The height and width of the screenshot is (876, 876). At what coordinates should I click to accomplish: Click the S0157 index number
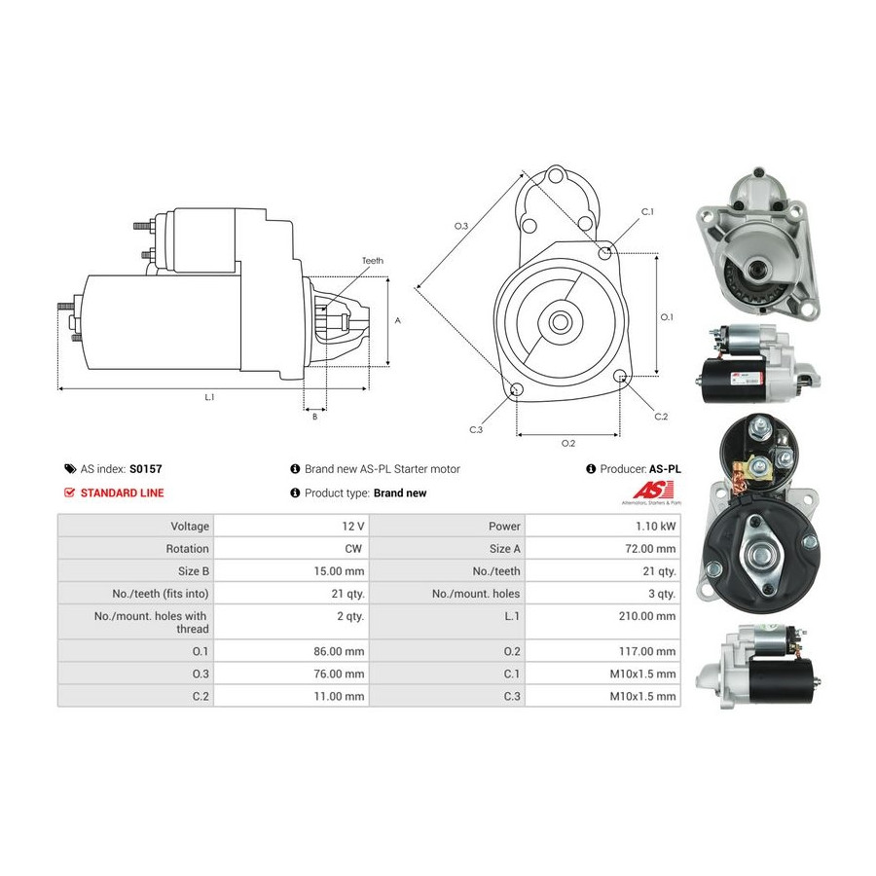[x=146, y=469]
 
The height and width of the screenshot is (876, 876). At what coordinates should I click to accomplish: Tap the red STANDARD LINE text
[x=123, y=493]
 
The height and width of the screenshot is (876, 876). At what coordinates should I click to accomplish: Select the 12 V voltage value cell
[x=353, y=527]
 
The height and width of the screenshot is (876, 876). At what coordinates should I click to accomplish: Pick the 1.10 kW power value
[x=655, y=527]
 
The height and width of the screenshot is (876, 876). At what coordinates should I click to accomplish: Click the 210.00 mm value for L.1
[x=647, y=616]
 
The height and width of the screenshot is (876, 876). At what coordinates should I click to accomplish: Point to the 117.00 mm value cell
[x=647, y=651]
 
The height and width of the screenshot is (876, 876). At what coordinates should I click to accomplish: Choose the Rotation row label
[x=187, y=549]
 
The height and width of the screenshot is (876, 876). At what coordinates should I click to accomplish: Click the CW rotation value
[x=353, y=549]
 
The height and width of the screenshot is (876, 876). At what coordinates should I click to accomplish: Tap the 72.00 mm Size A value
[x=650, y=549]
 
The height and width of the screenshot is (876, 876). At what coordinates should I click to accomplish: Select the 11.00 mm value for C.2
[x=339, y=697]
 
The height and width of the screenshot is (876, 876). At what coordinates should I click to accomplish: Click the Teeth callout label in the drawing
[x=373, y=261]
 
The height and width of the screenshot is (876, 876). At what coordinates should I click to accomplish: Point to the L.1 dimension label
[x=209, y=397]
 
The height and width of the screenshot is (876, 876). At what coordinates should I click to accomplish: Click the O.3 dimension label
[x=461, y=226]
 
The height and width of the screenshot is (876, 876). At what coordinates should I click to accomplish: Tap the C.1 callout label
[x=647, y=212]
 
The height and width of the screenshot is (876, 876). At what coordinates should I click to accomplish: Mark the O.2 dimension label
[x=568, y=444]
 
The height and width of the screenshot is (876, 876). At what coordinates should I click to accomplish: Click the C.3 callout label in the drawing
[x=476, y=429]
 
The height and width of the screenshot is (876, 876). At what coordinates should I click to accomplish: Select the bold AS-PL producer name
[x=665, y=469]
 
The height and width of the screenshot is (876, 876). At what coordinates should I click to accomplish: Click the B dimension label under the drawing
[x=315, y=417]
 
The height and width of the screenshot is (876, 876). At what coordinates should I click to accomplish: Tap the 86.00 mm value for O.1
[x=339, y=651]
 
